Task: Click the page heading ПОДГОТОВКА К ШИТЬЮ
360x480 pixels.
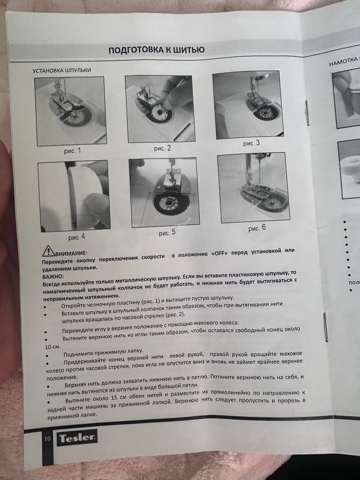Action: [156, 49]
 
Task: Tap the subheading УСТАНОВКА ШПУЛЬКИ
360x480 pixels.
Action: [62, 71]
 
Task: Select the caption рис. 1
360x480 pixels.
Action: [72, 151]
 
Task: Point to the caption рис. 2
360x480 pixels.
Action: [162, 148]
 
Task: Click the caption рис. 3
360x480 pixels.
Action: [252, 143]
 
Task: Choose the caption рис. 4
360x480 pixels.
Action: [76, 237]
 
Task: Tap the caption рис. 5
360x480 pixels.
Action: [167, 233]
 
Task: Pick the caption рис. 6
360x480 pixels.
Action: [257, 228]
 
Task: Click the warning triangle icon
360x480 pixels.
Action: [48, 251]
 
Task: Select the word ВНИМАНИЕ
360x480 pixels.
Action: [71, 253]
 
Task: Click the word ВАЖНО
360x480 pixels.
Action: [52, 276]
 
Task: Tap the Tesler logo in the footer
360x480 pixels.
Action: [77, 438]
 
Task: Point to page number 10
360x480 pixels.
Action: [48, 439]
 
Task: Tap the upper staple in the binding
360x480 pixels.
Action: [307, 113]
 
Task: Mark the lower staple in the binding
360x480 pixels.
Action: [326, 326]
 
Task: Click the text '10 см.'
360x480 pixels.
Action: [53, 347]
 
